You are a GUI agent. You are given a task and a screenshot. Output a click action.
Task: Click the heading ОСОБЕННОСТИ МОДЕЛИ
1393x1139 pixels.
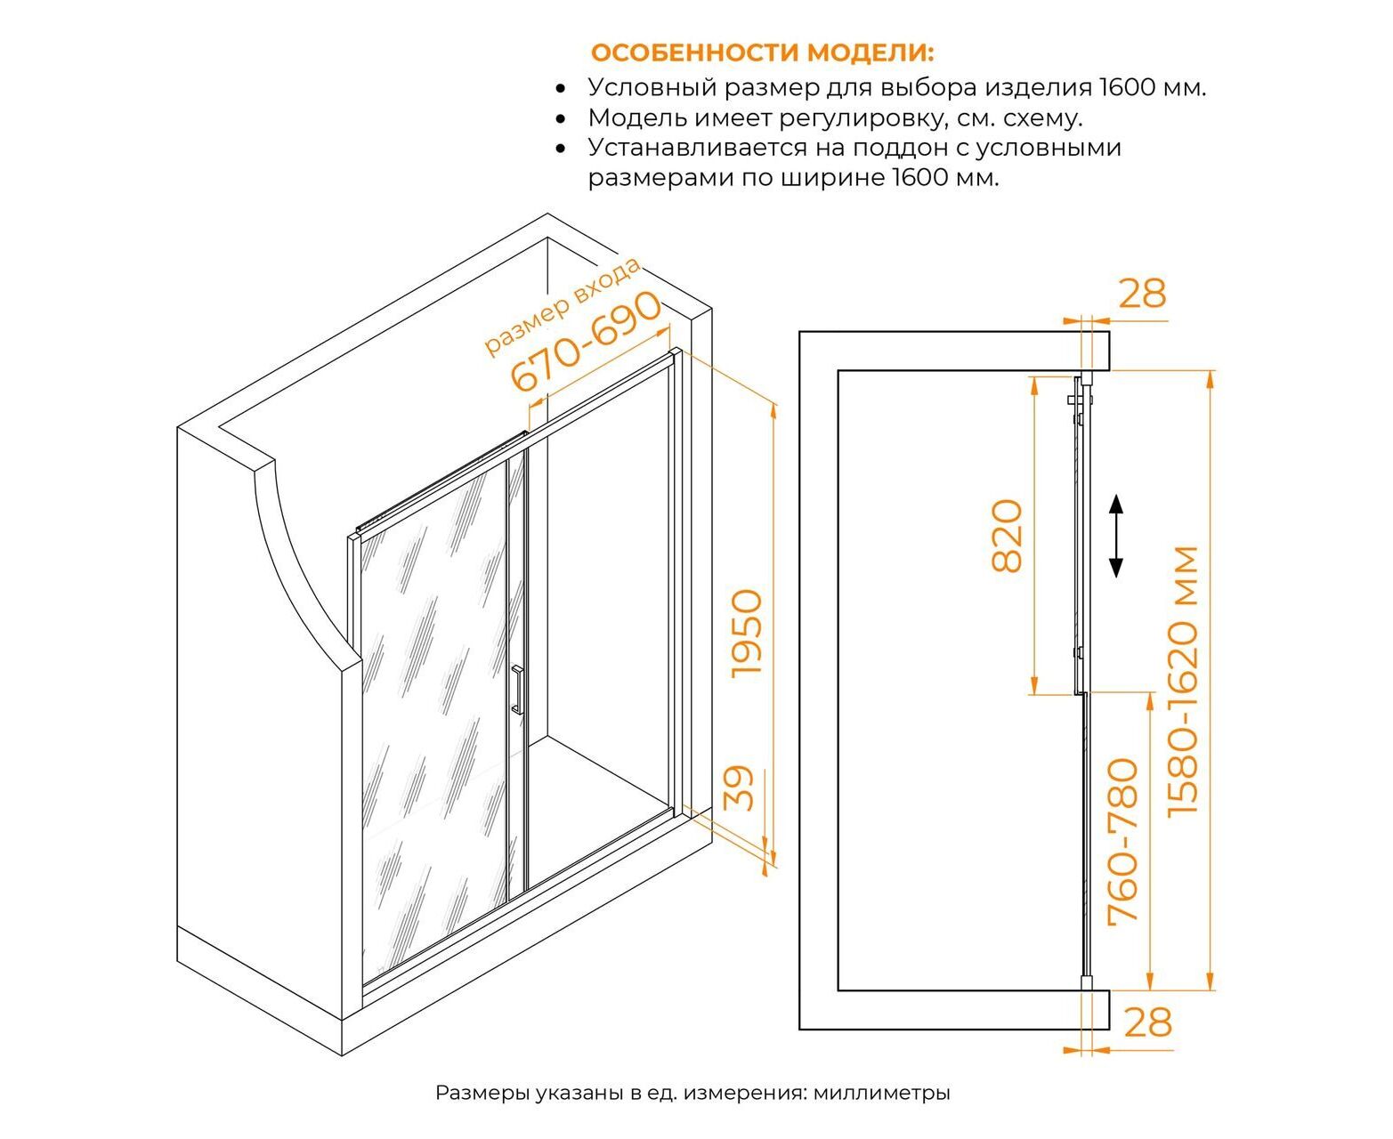pyautogui.click(x=763, y=53)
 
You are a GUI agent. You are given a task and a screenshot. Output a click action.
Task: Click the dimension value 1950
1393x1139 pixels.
pyautogui.click(x=747, y=634)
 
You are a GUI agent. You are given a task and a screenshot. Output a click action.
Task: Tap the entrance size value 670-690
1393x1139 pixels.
pyautogui.click(x=587, y=342)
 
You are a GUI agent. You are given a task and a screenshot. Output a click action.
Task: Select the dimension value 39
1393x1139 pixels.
pyautogui.click(x=739, y=788)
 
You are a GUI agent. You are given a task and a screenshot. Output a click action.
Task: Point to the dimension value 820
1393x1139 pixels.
pyautogui.click(x=1008, y=536)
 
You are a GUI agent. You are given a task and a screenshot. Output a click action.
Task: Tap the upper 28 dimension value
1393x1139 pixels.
pyautogui.click(x=1142, y=293)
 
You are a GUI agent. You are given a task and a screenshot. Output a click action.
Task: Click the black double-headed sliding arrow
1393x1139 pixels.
pyautogui.click(x=1115, y=537)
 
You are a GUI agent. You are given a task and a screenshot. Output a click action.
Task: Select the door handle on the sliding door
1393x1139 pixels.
pyautogui.click(x=517, y=690)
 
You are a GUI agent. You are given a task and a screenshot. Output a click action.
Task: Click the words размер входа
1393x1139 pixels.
pyautogui.click(x=562, y=306)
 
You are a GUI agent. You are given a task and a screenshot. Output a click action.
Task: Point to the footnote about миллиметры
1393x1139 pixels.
pyautogui.click(x=692, y=1093)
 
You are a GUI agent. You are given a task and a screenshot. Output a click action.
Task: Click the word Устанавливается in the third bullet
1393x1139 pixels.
pyautogui.click(x=698, y=147)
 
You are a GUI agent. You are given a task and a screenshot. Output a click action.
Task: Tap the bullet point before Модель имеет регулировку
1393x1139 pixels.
pyautogui.click(x=561, y=119)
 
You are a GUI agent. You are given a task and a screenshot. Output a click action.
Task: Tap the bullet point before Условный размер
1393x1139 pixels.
pyautogui.click(x=561, y=88)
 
